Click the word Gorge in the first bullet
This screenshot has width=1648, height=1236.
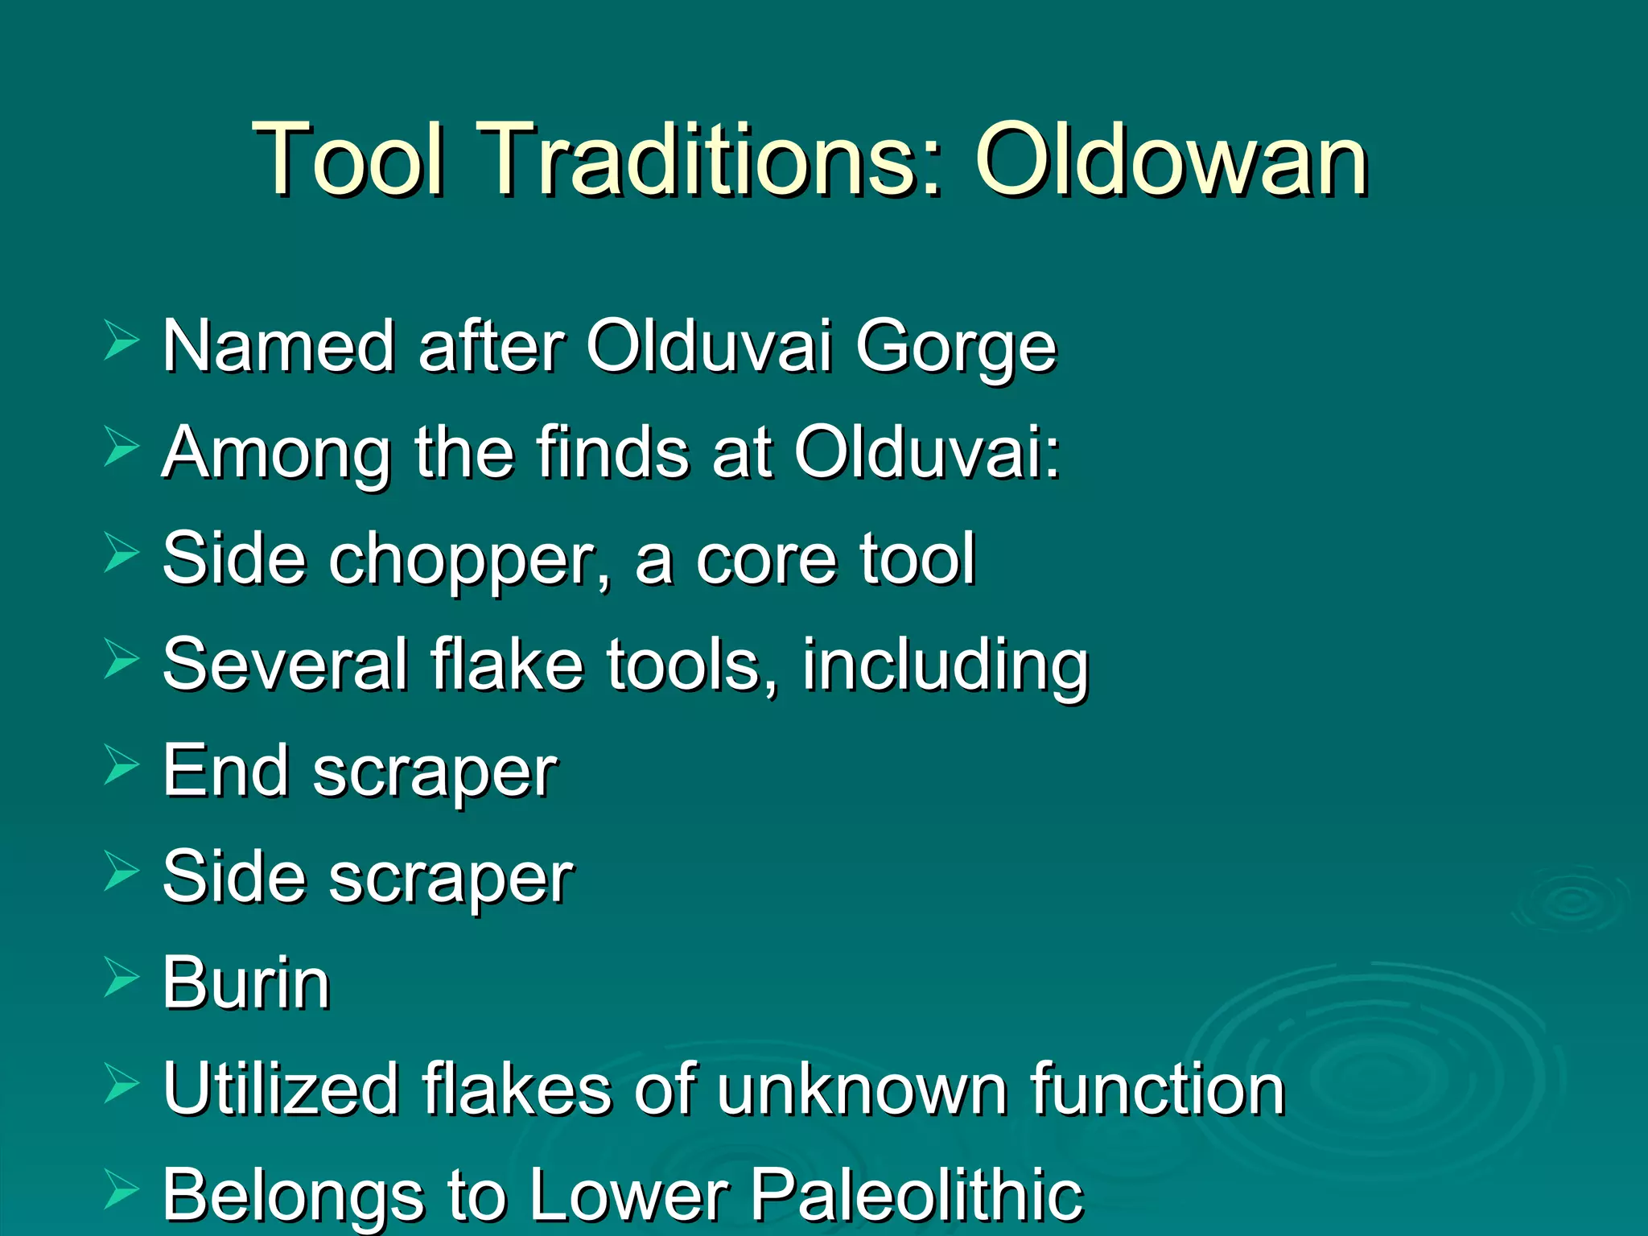pyautogui.click(x=955, y=348)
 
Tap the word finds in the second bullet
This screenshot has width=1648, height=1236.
pyautogui.click(x=613, y=452)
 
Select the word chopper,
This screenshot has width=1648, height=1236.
pyautogui.click(x=468, y=560)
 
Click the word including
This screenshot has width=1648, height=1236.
pyautogui.click(x=945, y=666)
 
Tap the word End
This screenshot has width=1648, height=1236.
pyautogui.click(x=225, y=771)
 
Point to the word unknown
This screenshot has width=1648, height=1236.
pyautogui.click(x=861, y=1089)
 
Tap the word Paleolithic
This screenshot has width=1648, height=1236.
pyautogui.click(x=917, y=1194)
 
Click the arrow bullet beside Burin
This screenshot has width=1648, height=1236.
pyautogui.click(x=122, y=978)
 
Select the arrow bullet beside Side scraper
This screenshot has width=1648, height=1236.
pyautogui.click(x=122, y=872)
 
